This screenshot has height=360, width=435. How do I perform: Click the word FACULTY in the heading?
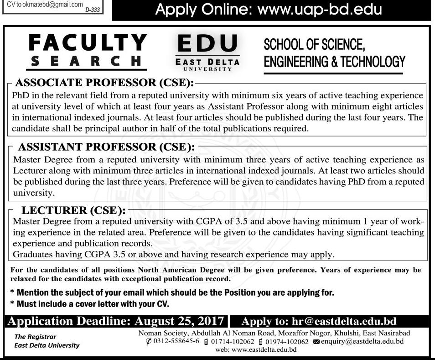tap(88, 43)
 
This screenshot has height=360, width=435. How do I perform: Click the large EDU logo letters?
tap(207, 45)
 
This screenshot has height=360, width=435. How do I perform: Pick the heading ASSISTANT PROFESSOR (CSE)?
tap(106, 147)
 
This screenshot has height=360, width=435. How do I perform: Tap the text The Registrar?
tap(36, 337)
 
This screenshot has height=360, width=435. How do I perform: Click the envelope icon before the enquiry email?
tap(316, 342)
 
